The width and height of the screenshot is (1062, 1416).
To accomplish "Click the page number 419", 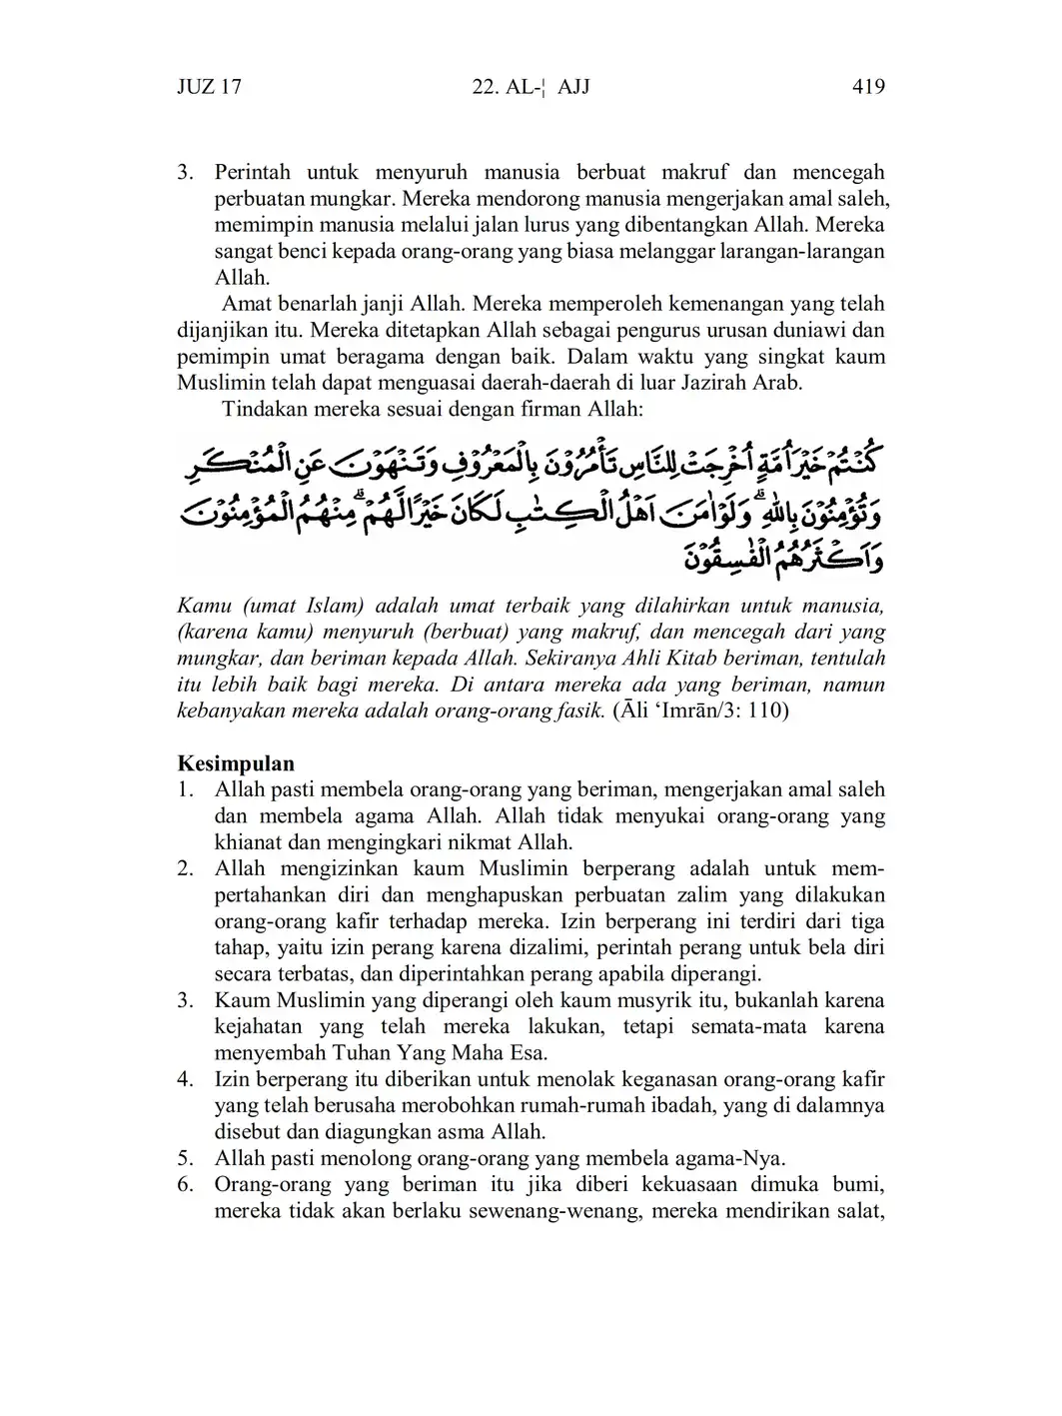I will point(868,87).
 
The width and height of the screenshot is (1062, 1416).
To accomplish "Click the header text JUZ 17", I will point(209,87).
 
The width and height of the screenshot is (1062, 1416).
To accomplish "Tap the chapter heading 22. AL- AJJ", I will point(531,87).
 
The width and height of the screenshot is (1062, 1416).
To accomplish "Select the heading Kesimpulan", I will point(236,764).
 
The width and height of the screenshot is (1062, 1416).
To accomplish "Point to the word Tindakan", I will point(263,410).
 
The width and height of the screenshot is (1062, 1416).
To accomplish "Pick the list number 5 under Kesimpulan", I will point(185,1159).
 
